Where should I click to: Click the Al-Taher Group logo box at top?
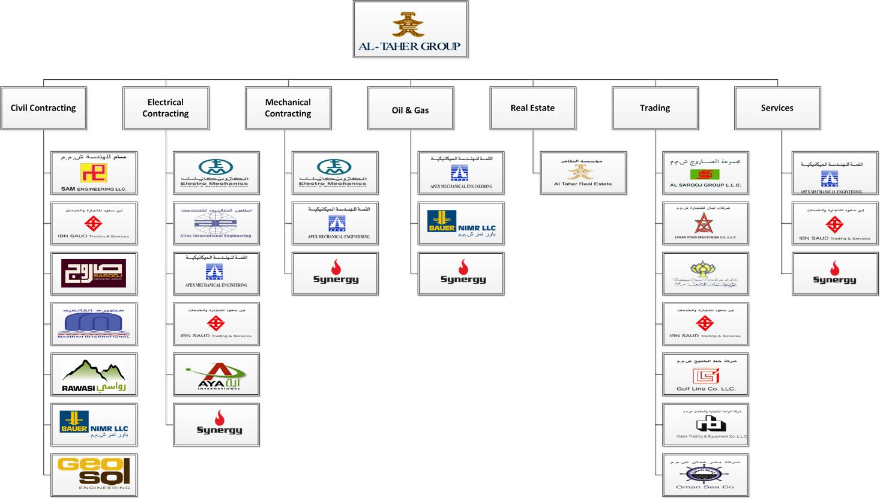tap(410, 29)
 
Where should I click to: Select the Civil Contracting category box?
tap(44, 108)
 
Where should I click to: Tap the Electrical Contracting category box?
tap(166, 108)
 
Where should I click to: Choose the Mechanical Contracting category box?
tap(288, 108)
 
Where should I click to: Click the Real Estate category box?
tap(532, 108)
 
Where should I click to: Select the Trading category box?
tap(655, 108)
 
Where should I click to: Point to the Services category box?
tap(777, 108)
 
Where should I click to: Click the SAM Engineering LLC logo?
tap(94, 173)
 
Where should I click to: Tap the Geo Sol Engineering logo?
tap(94, 475)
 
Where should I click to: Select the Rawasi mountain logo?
tap(94, 374)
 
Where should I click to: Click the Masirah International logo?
tap(94, 324)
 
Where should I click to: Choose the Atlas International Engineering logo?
tap(216, 223)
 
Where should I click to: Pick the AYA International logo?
tap(216, 374)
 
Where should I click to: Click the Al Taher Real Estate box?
tap(583, 173)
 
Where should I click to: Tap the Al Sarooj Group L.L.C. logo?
tap(705, 173)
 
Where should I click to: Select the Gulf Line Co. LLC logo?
tap(705, 374)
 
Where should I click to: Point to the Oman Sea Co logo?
tap(705, 475)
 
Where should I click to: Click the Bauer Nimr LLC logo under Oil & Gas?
tap(461, 223)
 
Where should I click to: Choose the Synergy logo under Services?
tap(834, 274)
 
